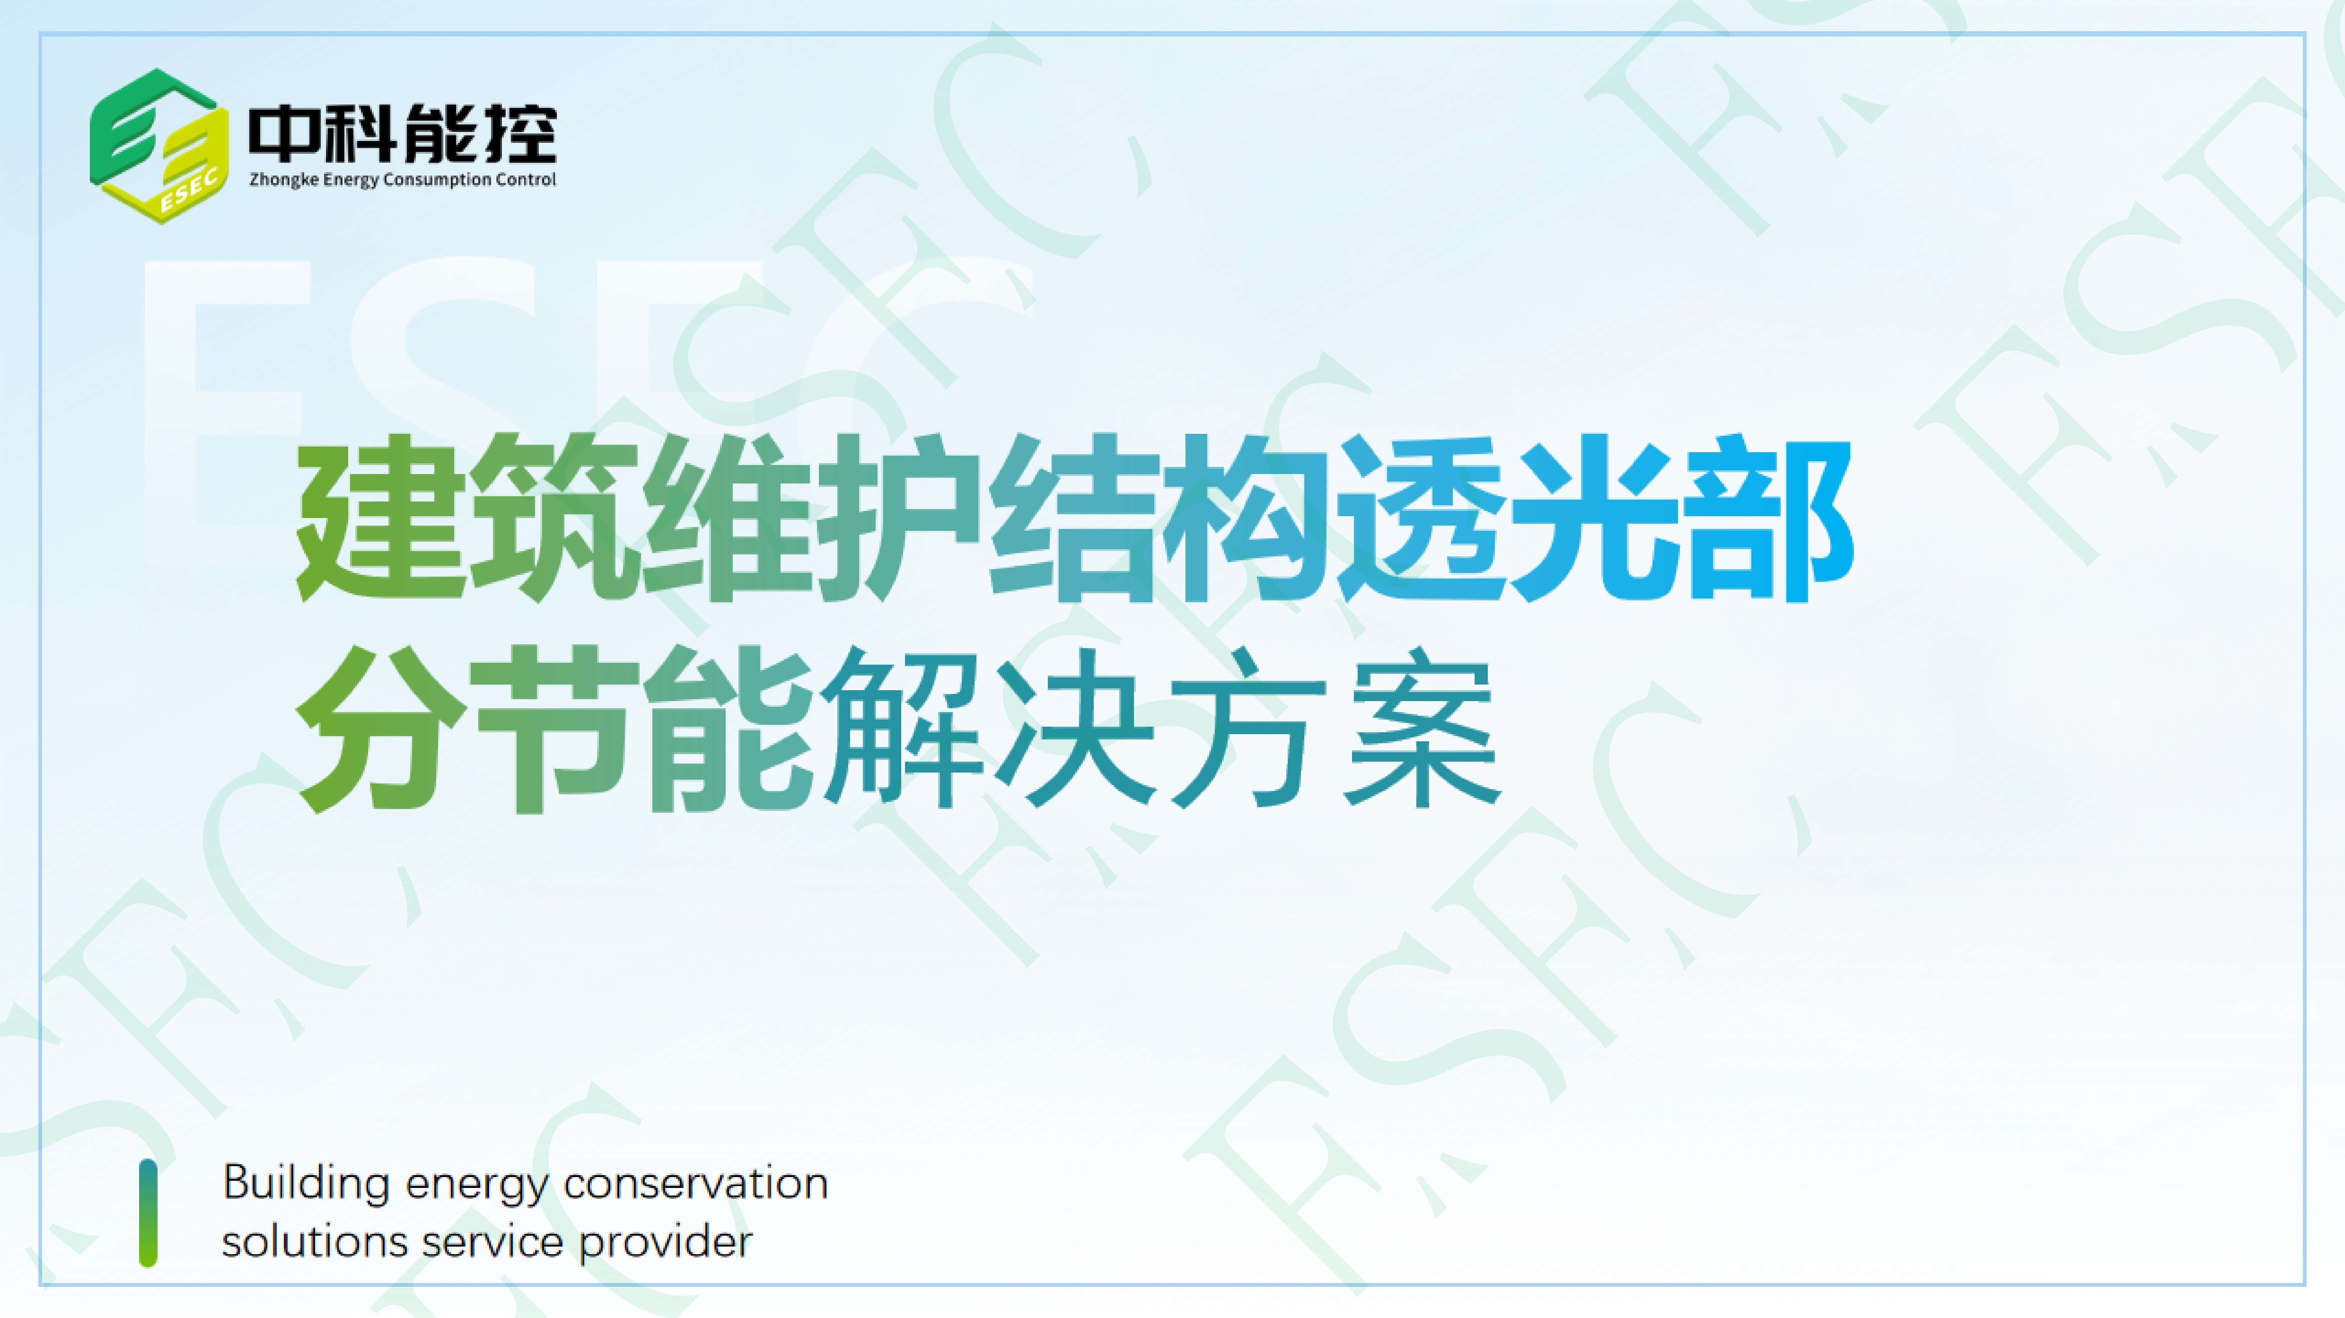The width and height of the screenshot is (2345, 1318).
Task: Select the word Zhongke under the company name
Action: pos(284,180)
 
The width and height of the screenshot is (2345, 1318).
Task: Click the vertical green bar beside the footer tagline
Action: pos(147,1212)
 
